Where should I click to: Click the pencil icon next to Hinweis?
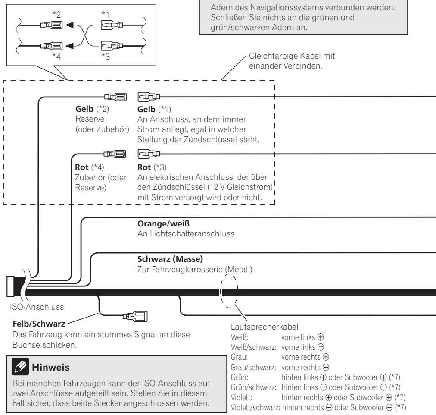point(20,367)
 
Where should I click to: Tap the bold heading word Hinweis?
point(50,367)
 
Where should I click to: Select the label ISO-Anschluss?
point(37,307)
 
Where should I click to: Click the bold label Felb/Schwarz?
point(39,324)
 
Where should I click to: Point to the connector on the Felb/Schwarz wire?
point(135,316)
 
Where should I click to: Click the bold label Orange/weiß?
point(163,223)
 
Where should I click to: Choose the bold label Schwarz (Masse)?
point(170,259)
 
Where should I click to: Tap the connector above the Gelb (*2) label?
point(115,97)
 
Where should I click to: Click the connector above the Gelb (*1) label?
point(149,97)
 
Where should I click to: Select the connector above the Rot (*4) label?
point(115,154)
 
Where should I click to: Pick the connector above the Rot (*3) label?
point(149,154)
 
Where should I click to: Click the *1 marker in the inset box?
point(106,14)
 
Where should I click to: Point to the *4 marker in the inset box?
point(56,56)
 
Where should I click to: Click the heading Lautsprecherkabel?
point(265,327)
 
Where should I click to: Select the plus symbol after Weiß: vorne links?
point(321,337)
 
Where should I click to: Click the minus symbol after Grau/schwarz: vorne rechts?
point(326,368)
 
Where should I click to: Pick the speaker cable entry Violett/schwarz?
point(255,408)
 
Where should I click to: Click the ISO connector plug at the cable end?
point(10,286)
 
